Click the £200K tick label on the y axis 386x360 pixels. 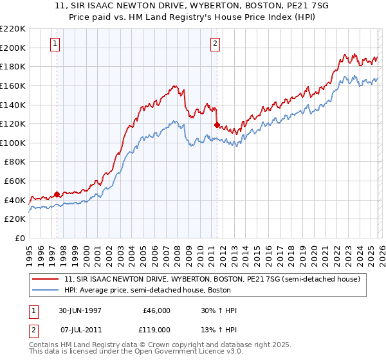pyautogui.click(x=14, y=48)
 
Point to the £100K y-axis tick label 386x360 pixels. pyautogui.click(x=14, y=143)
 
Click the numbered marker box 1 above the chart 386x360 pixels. pyautogui.click(x=55, y=44)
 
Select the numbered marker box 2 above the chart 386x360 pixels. pyautogui.click(x=215, y=44)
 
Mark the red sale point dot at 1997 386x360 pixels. pyautogui.click(x=57, y=194)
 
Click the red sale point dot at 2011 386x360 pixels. pyautogui.click(x=217, y=125)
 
